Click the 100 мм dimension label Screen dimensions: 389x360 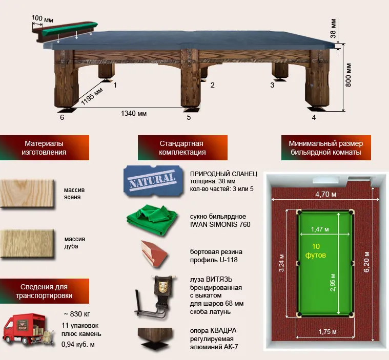42,18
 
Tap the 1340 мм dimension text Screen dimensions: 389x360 134,114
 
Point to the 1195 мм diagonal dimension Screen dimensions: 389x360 92,96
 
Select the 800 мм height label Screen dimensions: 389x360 348,75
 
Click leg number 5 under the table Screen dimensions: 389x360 189,117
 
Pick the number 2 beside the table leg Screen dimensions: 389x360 212,85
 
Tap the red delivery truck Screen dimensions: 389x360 28,330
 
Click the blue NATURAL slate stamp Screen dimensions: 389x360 153,181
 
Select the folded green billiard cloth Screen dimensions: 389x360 152,220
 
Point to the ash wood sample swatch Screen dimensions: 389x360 27,194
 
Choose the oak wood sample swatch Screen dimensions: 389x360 27,243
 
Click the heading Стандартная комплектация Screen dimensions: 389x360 182,148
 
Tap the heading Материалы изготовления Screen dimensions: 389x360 44,148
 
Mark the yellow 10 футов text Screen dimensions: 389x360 316,250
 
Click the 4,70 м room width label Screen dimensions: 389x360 326,194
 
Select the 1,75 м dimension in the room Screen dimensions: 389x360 327,331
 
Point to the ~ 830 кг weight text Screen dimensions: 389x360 77,314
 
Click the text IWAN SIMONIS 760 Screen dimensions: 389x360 220,225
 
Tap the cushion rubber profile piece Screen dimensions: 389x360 154,254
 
